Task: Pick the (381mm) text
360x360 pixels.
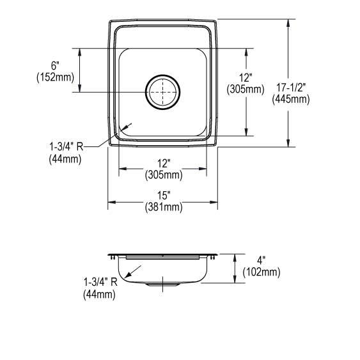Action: [x=162, y=207]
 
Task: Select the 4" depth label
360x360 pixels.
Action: [x=261, y=261]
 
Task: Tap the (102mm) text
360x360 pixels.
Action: [x=261, y=272]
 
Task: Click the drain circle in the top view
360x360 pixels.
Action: [x=163, y=92]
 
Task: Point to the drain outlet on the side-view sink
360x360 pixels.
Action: [x=163, y=284]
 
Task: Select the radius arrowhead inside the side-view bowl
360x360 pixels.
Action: [x=127, y=276]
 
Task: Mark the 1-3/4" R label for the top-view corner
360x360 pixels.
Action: [x=67, y=148]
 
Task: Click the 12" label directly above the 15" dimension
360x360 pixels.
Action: [x=162, y=164]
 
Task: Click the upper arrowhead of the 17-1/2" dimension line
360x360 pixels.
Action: [x=290, y=22]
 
